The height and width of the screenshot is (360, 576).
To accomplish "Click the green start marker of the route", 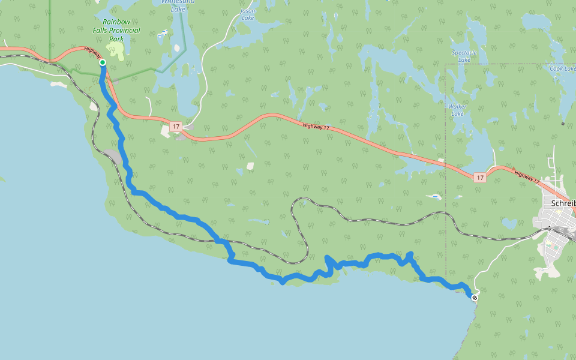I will click(103, 62).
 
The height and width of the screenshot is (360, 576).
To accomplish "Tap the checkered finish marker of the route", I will click(475, 298).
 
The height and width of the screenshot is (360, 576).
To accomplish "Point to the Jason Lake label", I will click(247, 14).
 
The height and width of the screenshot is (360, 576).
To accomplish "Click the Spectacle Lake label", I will click(464, 56).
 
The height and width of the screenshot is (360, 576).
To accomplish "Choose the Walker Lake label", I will click(457, 110).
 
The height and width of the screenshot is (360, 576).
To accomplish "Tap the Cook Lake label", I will click(562, 68).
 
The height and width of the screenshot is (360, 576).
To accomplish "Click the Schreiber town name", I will click(562, 203).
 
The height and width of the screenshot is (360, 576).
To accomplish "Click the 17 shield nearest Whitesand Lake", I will click(175, 127).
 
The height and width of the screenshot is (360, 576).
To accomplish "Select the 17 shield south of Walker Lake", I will click(479, 178).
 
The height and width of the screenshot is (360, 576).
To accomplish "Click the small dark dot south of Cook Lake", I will click(563, 124).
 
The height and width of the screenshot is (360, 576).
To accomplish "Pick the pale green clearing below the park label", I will click(117, 52).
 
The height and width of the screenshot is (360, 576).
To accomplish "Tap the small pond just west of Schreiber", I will click(509, 223).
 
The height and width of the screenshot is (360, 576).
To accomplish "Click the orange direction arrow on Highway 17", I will click(513, 169).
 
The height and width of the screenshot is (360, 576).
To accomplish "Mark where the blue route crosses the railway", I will click(220, 241).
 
